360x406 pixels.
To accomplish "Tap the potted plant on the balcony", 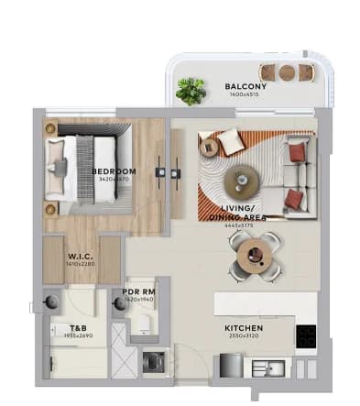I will [x=191, y=90].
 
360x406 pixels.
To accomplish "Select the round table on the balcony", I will [x=287, y=72].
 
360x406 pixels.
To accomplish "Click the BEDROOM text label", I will [x=114, y=171].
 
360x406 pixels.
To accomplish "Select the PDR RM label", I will [x=137, y=293].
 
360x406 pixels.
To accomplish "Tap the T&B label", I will [x=78, y=327].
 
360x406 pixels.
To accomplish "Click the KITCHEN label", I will [x=244, y=327].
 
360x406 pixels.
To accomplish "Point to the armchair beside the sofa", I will [x=222, y=143].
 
